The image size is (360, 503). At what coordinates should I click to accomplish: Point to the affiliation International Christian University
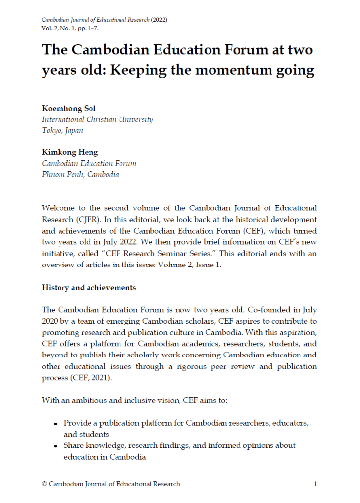click(97, 119)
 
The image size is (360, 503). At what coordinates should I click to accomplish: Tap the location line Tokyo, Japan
click(62, 130)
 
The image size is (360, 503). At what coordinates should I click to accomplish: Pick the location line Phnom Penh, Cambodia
click(80, 174)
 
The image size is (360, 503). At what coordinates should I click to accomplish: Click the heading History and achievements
click(89, 287)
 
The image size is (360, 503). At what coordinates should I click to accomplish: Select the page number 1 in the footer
click(315, 484)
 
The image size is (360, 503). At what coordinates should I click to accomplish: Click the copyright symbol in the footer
click(45, 484)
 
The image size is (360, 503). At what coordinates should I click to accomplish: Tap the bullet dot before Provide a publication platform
click(56, 423)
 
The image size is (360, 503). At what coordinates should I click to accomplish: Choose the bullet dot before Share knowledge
click(56, 446)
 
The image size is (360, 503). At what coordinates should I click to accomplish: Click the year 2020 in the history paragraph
click(51, 321)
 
